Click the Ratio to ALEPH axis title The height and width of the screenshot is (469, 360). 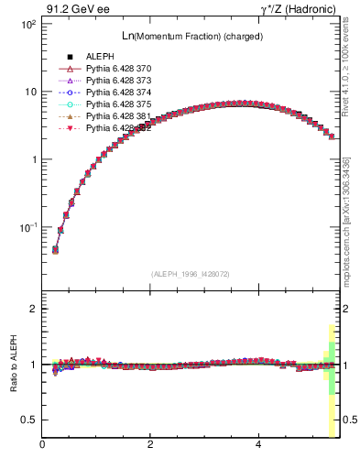14,364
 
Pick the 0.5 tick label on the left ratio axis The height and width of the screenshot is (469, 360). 28,420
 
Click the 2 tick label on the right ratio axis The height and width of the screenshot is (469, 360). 344,309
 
